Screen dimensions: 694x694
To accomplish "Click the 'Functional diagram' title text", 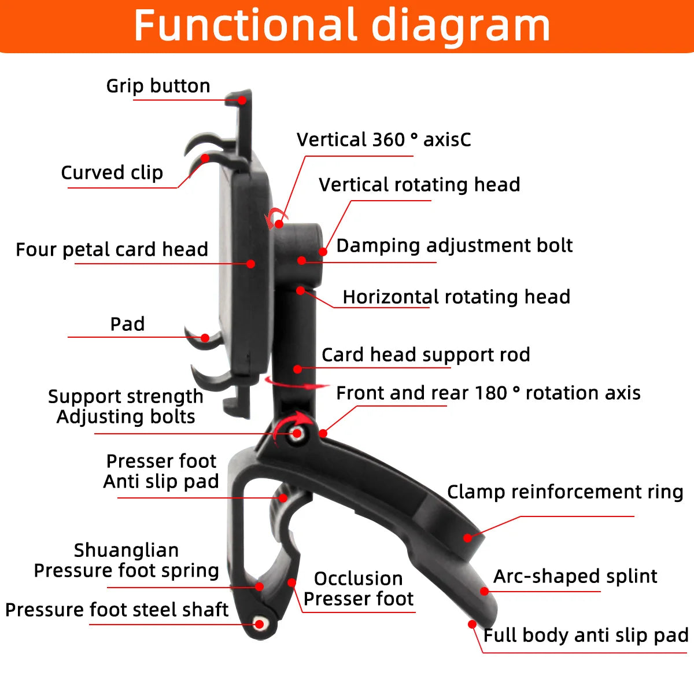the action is coord(341,25).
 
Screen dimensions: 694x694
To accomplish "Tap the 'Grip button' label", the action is coord(158,86).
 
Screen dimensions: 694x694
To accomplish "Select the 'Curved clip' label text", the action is coord(112,172).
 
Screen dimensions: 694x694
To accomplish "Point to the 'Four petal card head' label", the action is coord(112,249).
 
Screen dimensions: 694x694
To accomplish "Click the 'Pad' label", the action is coord(127,324).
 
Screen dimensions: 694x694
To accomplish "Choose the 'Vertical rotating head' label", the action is coord(419,184).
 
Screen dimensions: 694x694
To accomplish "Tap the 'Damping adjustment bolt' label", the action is coord(455,246).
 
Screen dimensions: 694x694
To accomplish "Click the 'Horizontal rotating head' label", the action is coord(456,297).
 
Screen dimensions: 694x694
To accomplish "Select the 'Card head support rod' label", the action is coord(426,355).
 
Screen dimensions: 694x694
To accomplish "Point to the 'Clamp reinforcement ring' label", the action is coord(565,492).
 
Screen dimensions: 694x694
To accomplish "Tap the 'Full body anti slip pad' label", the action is coord(586,635).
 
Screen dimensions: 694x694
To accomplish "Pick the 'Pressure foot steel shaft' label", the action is coord(117,610).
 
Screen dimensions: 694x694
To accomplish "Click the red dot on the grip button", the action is coord(242,100).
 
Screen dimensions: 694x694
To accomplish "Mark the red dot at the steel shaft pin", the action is coord(259,624).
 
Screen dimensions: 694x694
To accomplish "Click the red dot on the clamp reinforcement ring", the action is coord(467,538).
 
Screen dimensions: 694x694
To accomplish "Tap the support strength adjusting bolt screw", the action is coord(297,433).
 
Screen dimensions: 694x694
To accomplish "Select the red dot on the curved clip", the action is coord(205,158).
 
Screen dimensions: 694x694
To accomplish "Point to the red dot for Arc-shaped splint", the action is coord(485,591).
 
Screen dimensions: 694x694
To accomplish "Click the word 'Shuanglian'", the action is coord(127,551).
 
